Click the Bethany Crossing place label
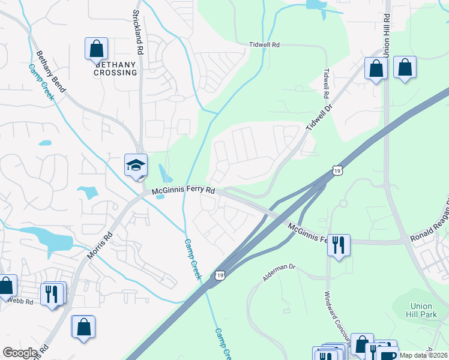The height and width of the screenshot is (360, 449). [115, 68]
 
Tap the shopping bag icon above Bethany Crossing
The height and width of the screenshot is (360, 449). [96, 49]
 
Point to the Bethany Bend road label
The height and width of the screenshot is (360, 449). [50, 71]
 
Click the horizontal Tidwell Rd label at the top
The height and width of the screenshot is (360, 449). [265, 45]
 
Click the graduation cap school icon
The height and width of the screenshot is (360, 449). [136, 164]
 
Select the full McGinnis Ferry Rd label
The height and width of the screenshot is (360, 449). [183, 191]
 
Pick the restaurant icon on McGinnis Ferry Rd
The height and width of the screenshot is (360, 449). [339, 244]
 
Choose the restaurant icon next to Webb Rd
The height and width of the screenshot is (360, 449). [53, 293]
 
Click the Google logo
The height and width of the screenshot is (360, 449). [20, 353]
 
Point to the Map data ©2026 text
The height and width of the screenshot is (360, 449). [423, 355]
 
